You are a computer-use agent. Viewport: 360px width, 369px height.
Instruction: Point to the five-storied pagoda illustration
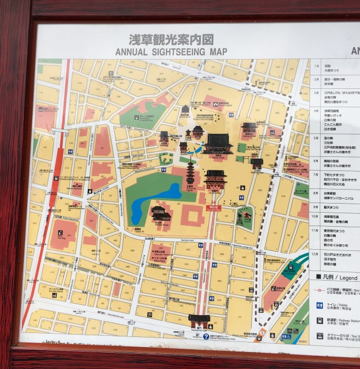pyautogui.click(x=190, y=172)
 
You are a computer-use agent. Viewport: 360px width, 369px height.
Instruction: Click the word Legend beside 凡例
pyautogui.click(x=347, y=278)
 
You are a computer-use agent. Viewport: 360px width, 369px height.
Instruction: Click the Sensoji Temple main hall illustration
pyautogui.click(x=217, y=144)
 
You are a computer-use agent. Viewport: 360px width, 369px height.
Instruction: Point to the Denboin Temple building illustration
pyautogui.click(x=161, y=214)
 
